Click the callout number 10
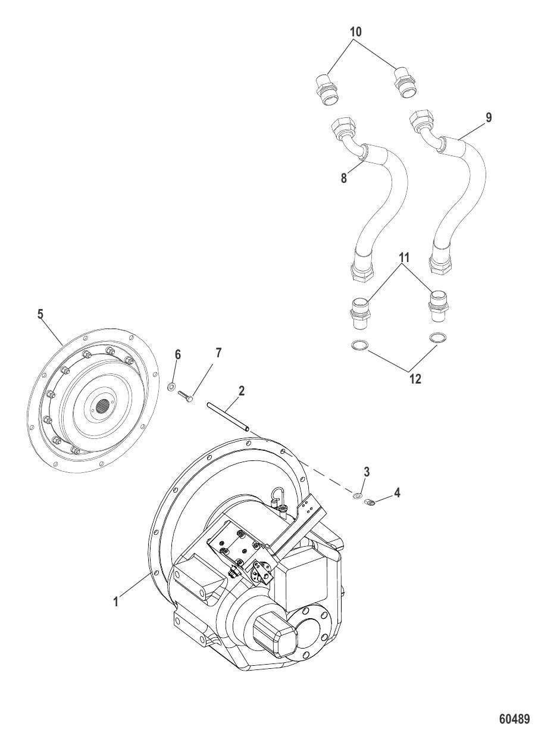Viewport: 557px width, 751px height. click(x=356, y=32)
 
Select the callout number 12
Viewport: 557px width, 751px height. click(x=415, y=379)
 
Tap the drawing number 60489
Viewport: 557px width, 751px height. click(x=514, y=719)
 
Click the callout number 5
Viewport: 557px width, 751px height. click(x=40, y=314)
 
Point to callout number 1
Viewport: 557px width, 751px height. click(x=117, y=602)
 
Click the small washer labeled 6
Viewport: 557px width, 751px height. click(x=172, y=388)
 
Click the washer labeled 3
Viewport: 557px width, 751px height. click(x=358, y=496)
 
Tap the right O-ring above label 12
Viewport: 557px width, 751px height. click(x=439, y=338)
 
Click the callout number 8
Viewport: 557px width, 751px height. click(x=344, y=178)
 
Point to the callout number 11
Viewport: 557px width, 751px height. click(x=404, y=258)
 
